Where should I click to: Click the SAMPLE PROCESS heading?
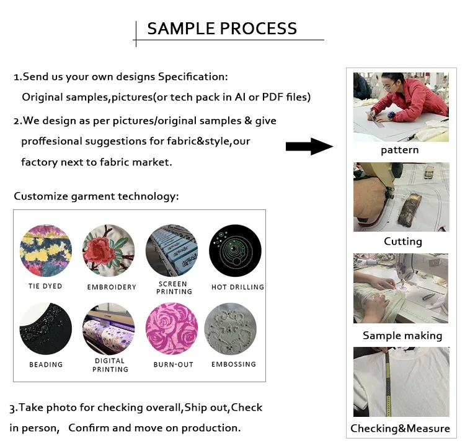pyautogui.click(x=222, y=29)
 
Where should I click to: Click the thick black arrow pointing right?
pyautogui.click(x=309, y=147)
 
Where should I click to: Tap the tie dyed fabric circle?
pyautogui.click(x=45, y=251)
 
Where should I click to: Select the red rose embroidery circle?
pyautogui.click(x=108, y=250)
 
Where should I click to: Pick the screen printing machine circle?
pyautogui.click(x=172, y=250)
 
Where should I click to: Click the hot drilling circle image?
pyautogui.click(x=235, y=250)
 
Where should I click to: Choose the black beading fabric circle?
pyautogui.click(x=45, y=329)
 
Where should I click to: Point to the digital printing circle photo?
pyautogui.click(x=108, y=328)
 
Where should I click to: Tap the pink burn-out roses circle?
pyautogui.click(x=172, y=329)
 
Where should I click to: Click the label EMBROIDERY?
pyautogui.click(x=112, y=287)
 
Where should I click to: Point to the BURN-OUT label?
pyautogui.click(x=174, y=365)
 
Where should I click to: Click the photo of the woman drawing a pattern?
pyautogui.click(x=401, y=107)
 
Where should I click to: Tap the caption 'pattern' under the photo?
pyautogui.click(x=400, y=151)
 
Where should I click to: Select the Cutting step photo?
pyautogui.click(x=401, y=197)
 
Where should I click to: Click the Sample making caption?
pyautogui.click(x=402, y=336)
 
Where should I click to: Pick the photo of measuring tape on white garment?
pyautogui.click(x=401, y=382)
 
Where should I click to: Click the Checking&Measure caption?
pyautogui.click(x=401, y=429)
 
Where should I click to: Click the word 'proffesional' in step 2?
pyautogui.click(x=51, y=141)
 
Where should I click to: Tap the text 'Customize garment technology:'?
pyautogui.click(x=96, y=196)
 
